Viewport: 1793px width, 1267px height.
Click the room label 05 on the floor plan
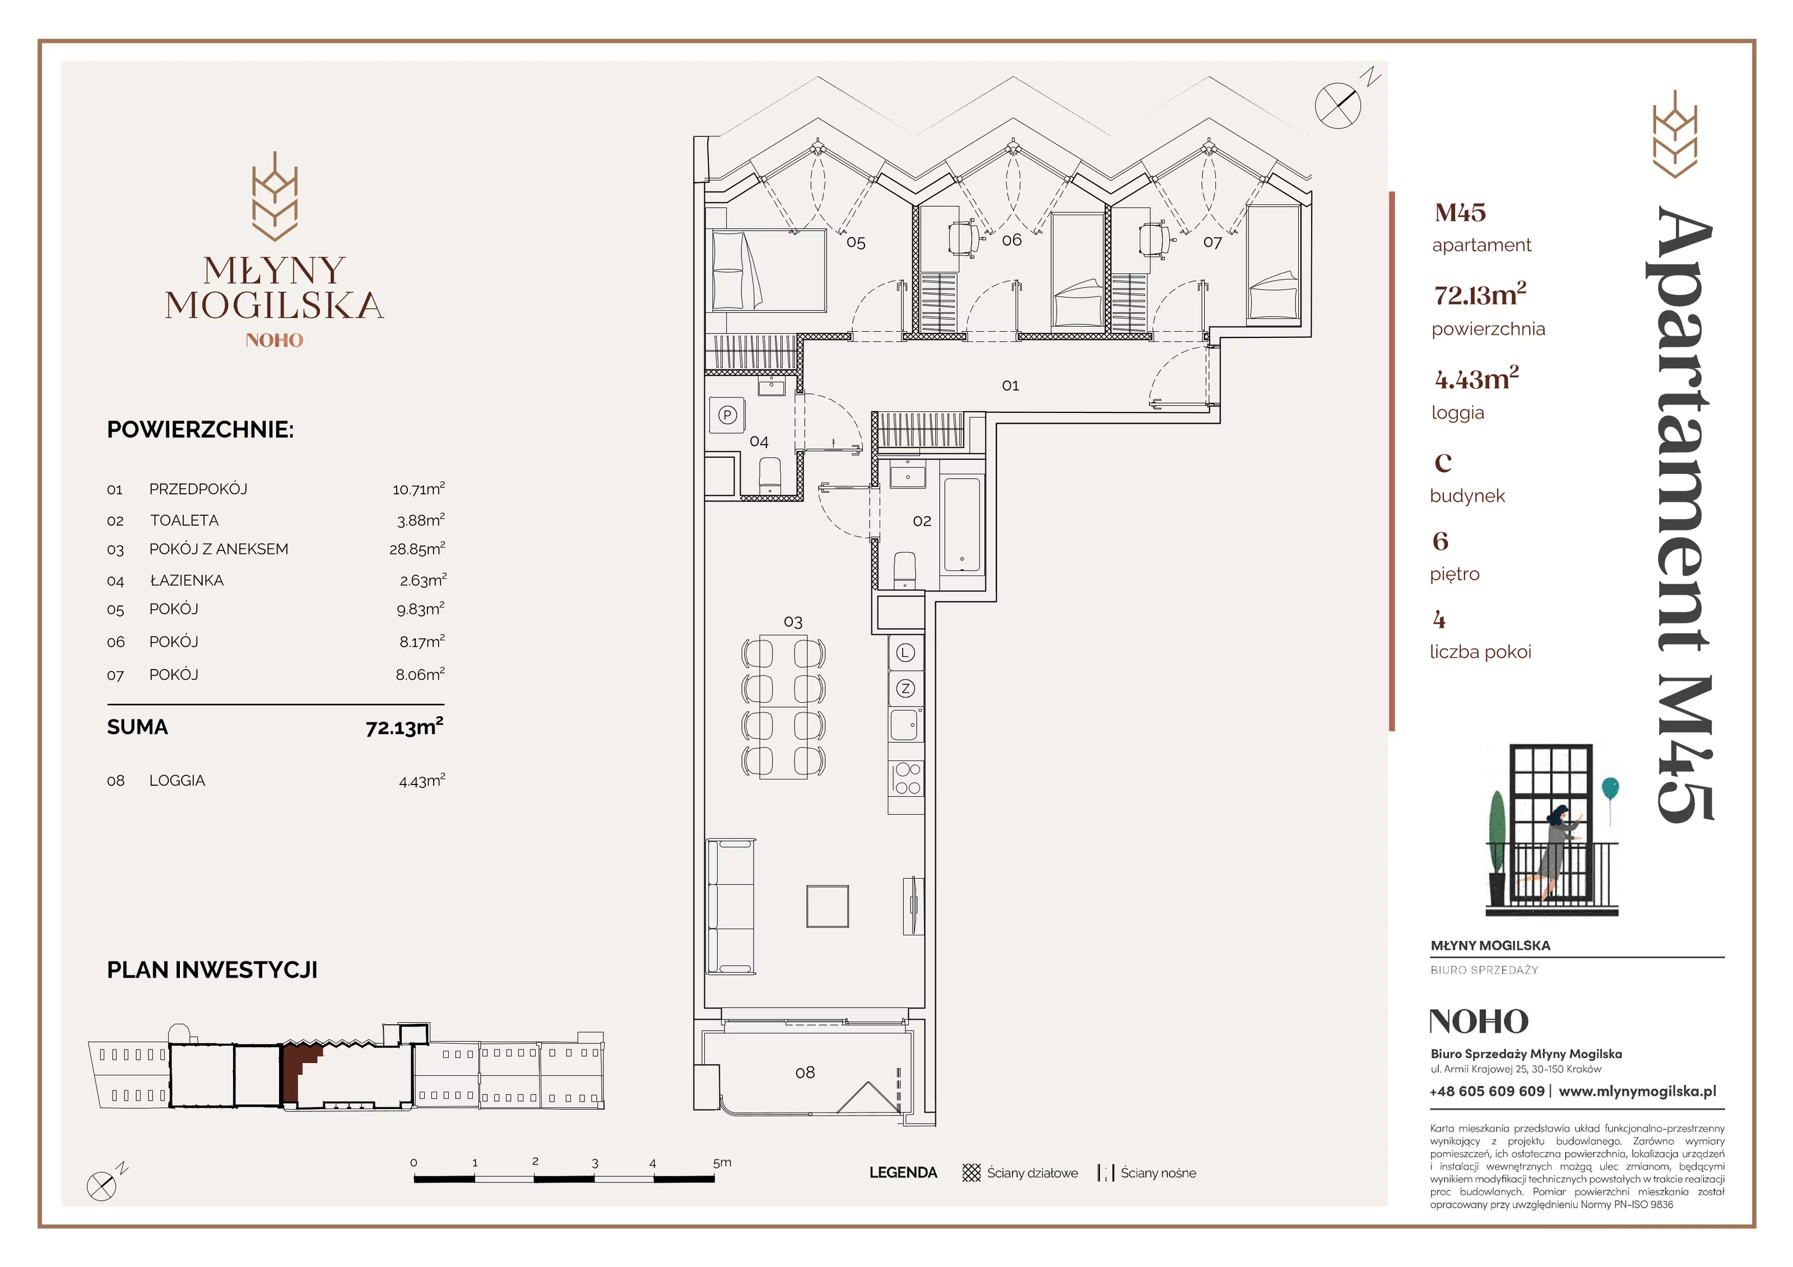coord(856,243)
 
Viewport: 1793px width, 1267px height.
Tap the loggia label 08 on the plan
coord(805,1073)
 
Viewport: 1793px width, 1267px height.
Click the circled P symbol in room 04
coord(728,415)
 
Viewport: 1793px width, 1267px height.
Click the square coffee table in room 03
coord(828,906)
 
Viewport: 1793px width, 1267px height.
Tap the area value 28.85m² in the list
coord(417,549)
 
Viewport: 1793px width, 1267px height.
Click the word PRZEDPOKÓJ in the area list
coord(198,489)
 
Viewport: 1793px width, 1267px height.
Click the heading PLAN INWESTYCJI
coord(212,969)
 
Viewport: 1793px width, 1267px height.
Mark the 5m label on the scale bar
coord(722,1162)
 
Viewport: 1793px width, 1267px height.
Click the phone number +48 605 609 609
coord(1487,1091)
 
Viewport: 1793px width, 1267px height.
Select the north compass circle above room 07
coord(1337,105)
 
